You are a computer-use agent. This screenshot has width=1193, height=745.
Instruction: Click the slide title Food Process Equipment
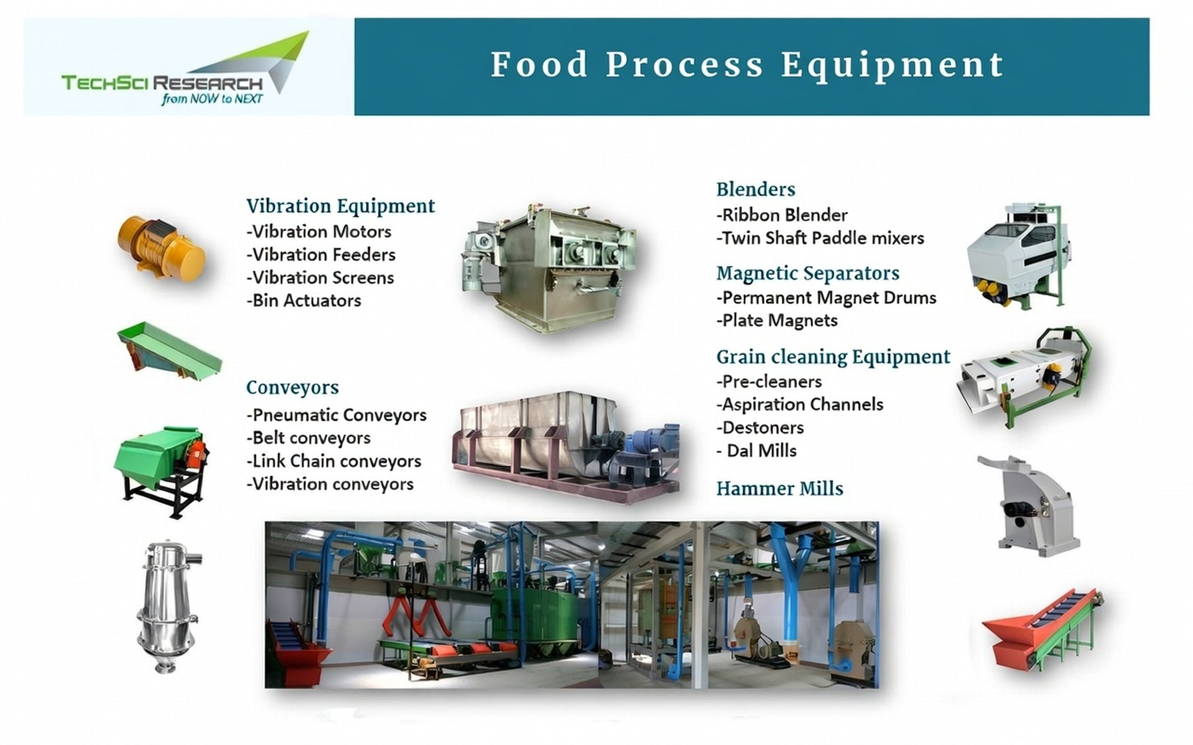pyautogui.click(x=747, y=65)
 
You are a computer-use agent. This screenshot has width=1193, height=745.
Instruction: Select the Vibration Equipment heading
pyautogui.click(x=341, y=206)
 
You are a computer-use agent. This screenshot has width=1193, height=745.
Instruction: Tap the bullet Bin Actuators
pyautogui.click(x=304, y=300)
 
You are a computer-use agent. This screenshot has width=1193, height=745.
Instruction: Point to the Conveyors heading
pyautogui.click(x=292, y=387)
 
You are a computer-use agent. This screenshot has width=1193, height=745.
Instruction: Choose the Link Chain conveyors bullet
pyautogui.click(x=334, y=461)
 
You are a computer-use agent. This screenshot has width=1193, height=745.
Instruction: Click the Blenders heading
pyautogui.click(x=756, y=189)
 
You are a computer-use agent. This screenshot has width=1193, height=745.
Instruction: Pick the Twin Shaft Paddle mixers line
pyautogui.click(x=820, y=238)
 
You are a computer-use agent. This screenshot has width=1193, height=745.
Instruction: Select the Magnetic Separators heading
pyautogui.click(x=808, y=273)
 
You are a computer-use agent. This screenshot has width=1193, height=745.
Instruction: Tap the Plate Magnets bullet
pyautogui.click(x=777, y=320)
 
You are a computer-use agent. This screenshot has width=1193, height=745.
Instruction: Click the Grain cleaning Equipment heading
pyautogui.click(x=833, y=357)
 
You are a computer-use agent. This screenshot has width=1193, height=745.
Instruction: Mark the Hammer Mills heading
pyautogui.click(x=780, y=489)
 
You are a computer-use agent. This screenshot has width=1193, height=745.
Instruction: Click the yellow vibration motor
pyautogui.click(x=162, y=246)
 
